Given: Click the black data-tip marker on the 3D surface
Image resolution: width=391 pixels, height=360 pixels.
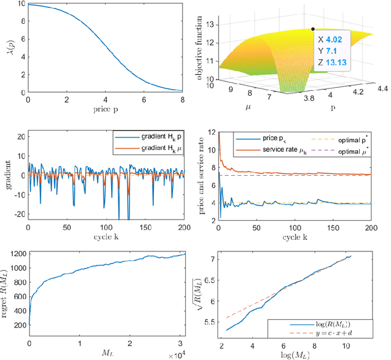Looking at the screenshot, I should click(x=313, y=28).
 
